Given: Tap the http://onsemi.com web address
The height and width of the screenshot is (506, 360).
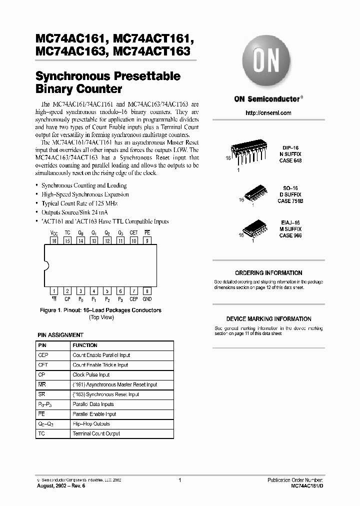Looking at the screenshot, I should point(268,113).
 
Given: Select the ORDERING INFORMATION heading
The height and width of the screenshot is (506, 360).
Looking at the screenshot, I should point(268,273).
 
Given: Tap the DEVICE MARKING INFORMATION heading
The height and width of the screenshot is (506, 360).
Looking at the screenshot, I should point(268,319).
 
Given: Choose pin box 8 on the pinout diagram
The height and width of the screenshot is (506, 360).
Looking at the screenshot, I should point(147,290).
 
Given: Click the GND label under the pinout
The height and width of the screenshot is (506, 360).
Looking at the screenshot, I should point(147,299).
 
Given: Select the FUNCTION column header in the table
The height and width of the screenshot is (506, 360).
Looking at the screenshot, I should point(85,345).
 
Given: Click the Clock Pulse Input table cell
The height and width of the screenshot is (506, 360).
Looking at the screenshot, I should point(91,375).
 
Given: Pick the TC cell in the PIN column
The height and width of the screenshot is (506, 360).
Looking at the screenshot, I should point(41,433).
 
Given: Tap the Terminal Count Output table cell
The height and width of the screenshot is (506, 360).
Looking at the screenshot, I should point(96,433).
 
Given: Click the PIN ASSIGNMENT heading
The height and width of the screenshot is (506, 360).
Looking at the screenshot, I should point(60,335).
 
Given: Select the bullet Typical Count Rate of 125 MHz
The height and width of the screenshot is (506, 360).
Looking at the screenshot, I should point(79,203).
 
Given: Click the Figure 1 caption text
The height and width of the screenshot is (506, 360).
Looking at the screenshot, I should point(100,310).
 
